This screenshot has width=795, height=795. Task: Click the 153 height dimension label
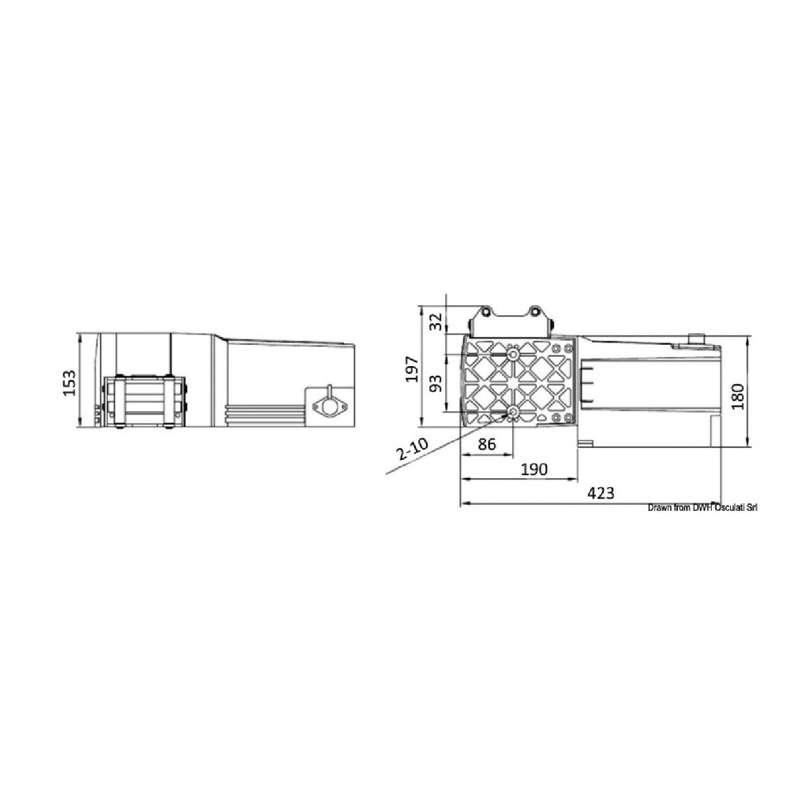(x=69, y=383)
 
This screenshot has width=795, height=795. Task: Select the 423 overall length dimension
(x=601, y=493)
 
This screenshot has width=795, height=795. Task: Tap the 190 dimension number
(x=534, y=469)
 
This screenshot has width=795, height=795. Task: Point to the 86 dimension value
(x=486, y=445)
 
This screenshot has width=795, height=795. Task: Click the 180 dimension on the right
(x=738, y=396)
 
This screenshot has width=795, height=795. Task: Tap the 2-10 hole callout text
(x=411, y=451)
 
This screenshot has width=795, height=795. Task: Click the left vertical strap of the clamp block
(x=119, y=401)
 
